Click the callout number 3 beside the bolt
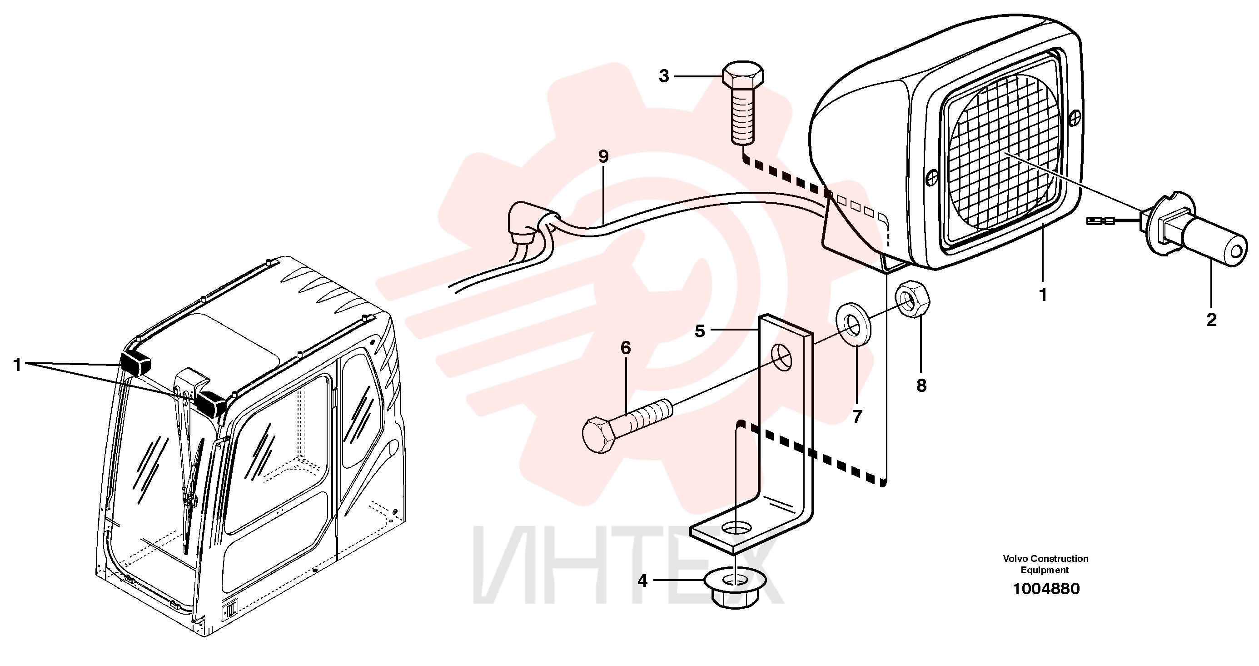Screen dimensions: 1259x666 (664, 76)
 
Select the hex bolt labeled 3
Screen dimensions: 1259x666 (743, 103)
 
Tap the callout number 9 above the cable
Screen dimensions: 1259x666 (603, 156)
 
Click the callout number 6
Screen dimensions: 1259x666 (626, 348)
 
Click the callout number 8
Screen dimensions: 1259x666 (921, 386)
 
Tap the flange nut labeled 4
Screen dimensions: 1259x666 (736, 590)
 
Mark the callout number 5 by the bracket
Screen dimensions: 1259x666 (700, 331)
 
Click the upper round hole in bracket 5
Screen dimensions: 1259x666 (782, 357)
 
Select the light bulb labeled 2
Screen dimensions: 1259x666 (1193, 235)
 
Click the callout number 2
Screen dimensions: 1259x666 (1212, 320)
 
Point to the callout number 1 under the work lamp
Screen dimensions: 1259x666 (1042, 295)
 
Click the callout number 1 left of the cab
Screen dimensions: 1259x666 (18, 364)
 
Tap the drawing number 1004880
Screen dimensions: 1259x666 (1046, 589)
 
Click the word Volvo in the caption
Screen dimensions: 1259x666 (1015, 558)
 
